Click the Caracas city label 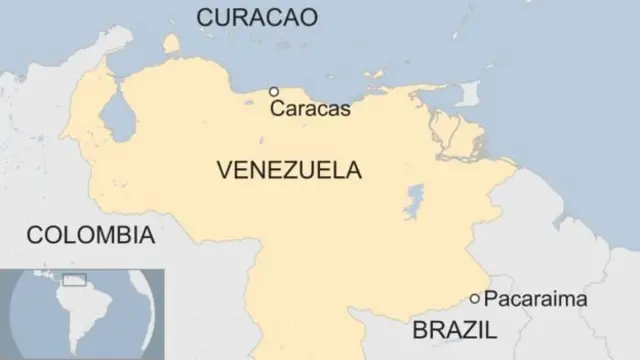click(310, 109)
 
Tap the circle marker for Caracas click(273, 91)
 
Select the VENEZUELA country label click(288, 170)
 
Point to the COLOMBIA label click(90, 236)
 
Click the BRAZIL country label click(455, 329)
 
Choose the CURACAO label click(257, 17)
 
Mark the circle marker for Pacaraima click(475, 298)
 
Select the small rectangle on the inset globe click(74, 280)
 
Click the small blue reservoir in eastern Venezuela click(413, 201)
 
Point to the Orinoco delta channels click(455, 140)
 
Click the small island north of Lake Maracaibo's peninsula click(170, 45)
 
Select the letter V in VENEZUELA click(224, 170)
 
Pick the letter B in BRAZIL click(419, 329)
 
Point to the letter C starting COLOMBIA click(34, 236)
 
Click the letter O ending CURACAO click(307, 17)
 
